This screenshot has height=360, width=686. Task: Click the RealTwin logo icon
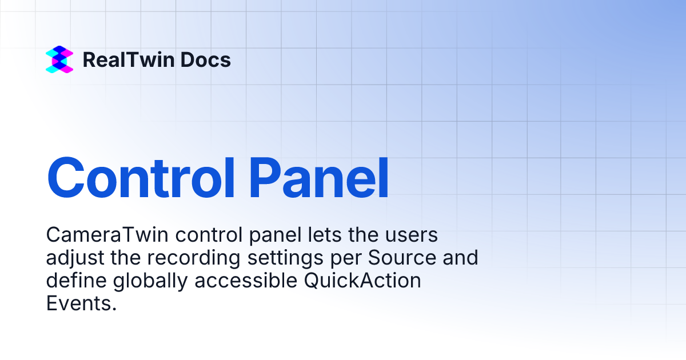(59, 60)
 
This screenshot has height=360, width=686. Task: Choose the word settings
(287, 258)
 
